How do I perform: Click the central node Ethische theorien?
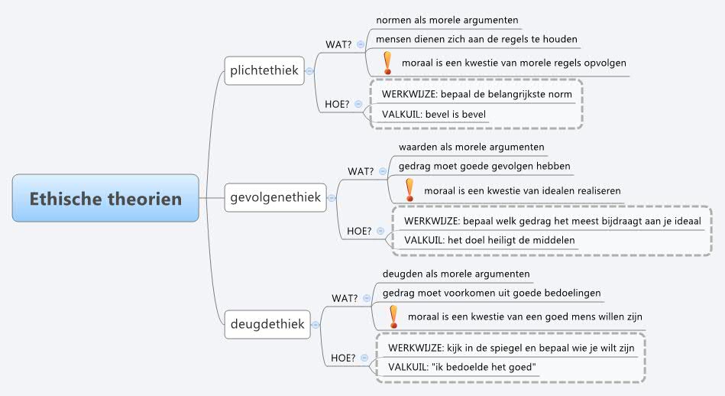point(105,199)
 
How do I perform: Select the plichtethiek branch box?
point(264,71)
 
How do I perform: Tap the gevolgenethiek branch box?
point(276,198)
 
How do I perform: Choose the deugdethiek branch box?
point(267,323)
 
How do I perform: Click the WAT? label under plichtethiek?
point(338,44)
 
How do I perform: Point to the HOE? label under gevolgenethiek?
point(359,230)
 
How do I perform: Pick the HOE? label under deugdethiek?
point(343,357)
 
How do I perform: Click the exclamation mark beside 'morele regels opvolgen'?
point(387,62)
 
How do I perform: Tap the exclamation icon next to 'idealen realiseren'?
point(409,189)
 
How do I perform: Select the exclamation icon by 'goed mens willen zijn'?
point(393,316)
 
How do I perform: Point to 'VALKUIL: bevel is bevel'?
point(434,114)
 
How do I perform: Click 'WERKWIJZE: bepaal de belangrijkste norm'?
point(477,94)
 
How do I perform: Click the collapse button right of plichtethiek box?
point(309,71)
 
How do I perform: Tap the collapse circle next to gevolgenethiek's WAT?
point(382,171)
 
